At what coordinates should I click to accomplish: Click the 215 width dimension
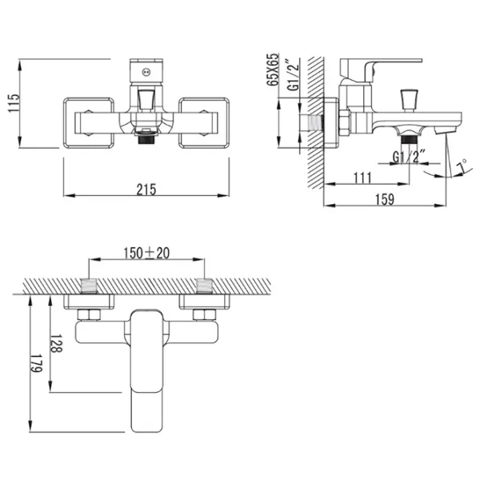[x=146, y=190]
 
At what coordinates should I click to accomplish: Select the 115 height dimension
[x=14, y=103]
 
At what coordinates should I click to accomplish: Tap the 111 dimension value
[x=362, y=178]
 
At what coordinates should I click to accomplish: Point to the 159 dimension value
[x=385, y=199]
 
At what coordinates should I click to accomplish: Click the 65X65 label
[x=273, y=70]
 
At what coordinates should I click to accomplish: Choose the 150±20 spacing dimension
[x=146, y=253]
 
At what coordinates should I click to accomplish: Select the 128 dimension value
[x=56, y=343]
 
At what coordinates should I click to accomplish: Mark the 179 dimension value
[x=36, y=363]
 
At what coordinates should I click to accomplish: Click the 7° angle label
[x=462, y=167]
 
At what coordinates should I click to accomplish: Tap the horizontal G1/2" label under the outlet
[x=409, y=157]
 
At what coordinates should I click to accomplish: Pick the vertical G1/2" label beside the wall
[x=293, y=74]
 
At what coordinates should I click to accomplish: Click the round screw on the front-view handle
[x=146, y=72]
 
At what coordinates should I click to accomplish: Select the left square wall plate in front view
[x=89, y=122]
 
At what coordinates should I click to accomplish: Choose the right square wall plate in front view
[x=204, y=122]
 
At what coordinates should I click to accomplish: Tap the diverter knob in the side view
[x=410, y=99]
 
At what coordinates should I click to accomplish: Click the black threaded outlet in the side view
[x=410, y=139]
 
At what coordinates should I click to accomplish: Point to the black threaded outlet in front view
[x=146, y=139]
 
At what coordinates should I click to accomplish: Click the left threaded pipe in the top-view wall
[x=89, y=286]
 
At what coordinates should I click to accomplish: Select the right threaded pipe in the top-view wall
[x=204, y=286]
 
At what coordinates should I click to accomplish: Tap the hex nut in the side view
[x=344, y=122]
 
